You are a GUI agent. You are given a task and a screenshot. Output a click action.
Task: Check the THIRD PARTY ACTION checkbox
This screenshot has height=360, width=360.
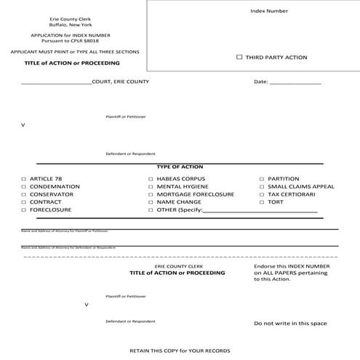pos(239,57)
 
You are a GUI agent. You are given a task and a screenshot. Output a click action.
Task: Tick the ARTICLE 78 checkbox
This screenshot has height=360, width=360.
pos(23,178)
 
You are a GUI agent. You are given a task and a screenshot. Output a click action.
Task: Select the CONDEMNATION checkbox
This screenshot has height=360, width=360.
pos(23,186)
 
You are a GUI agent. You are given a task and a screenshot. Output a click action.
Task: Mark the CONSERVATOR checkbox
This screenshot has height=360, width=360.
pos(23,194)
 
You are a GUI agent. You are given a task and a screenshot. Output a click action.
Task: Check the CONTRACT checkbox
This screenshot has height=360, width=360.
pos(23,202)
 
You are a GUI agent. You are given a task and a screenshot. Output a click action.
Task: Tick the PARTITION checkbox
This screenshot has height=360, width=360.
pos(262,178)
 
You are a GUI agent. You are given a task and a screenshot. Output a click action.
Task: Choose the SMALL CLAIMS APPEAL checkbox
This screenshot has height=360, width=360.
pos(262,186)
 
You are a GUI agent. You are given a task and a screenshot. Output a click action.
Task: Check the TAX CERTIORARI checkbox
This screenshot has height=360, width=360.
pos(262,194)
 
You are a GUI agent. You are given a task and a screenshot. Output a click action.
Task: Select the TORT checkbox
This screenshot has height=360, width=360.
pos(262,202)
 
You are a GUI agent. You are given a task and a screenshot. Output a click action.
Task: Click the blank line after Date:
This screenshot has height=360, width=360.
pos(296,82)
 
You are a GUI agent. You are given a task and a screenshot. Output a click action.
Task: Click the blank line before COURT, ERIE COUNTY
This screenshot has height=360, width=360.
pos(57,82)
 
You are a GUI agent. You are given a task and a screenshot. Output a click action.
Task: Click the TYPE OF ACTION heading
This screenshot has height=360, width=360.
pos(180,167)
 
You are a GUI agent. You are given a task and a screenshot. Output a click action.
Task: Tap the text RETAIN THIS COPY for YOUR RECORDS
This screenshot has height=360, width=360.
pos(180,349)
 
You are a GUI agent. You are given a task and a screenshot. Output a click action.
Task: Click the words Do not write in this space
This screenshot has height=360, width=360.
pos(290,323)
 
